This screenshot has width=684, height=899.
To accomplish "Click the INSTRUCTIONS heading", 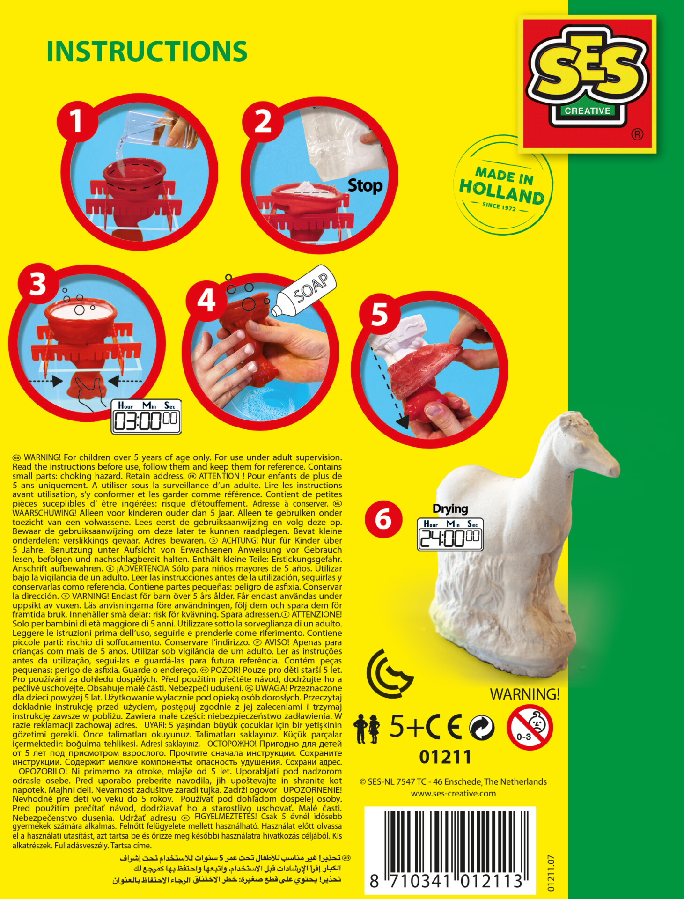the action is pyautogui.click(x=147, y=52).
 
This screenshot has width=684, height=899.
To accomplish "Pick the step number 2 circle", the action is pyautogui.click(x=263, y=121).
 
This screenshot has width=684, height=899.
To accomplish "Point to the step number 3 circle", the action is pyautogui.click(x=38, y=284).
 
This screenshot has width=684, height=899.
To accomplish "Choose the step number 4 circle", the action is pyautogui.click(x=206, y=300).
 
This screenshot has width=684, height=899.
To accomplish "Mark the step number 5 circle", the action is pyautogui.click(x=379, y=314).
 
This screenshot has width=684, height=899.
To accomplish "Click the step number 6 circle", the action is pyautogui.click(x=383, y=519).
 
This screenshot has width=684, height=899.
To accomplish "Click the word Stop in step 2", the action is pyautogui.click(x=365, y=186).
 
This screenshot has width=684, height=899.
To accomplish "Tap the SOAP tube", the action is pyautogui.click(x=304, y=290).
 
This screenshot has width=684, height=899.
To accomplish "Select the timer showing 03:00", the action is pyautogui.click(x=146, y=417).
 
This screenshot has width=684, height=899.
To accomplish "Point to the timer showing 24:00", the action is pyautogui.click(x=450, y=534).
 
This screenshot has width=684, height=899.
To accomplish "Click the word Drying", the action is pyautogui.click(x=450, y=508).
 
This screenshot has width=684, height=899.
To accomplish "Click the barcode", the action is pyautogui.click(x=450, y=849).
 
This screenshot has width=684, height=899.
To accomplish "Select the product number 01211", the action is pyautogui.click(x=445, y=757).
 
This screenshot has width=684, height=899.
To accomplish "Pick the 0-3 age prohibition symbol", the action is pyautogui.click(x=530, y=727).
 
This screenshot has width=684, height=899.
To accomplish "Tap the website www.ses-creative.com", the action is pyautogui.click(x=453, y=793).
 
